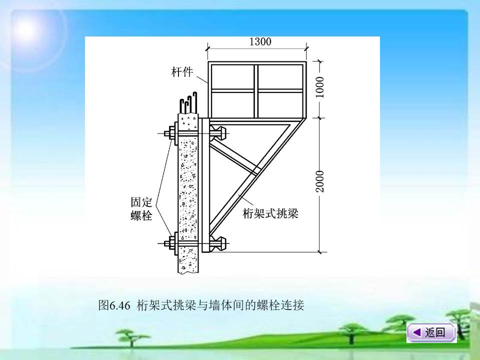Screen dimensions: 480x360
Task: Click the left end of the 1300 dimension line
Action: point(208,48)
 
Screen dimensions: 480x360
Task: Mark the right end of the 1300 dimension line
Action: point(306,48)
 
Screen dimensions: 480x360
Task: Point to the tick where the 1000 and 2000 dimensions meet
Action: point(320,117)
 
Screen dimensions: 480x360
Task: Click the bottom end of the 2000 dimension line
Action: point(320,252)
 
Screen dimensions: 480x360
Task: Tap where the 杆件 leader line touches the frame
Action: point(208,84)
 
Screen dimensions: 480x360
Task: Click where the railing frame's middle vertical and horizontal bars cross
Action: point(256,90)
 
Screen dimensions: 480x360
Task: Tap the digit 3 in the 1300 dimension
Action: point(256,41)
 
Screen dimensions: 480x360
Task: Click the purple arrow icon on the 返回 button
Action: point(416,332)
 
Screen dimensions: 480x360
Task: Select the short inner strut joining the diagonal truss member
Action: point(234,156)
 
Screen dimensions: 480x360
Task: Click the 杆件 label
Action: point(182,72)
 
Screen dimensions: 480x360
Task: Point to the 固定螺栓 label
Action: point(141,209)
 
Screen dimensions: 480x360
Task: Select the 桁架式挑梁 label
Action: point(270,213)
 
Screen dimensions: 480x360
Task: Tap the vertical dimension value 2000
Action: point(320,181)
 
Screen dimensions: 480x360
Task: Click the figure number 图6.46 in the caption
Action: point(114,305)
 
